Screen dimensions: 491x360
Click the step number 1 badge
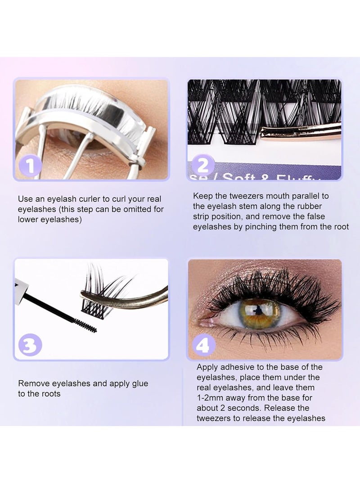[31, 166]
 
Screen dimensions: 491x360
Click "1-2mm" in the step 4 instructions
[210, 398]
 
